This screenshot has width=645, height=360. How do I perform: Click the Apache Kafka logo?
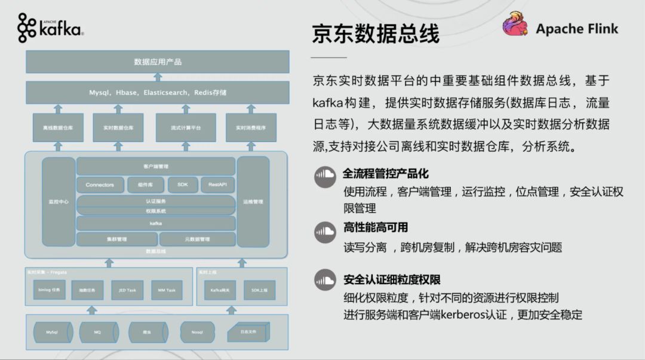pyautogui.click(x=50, y=28)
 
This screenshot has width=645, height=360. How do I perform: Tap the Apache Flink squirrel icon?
pyautogui.click(x=515, y=26)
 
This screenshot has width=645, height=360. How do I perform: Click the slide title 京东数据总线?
pyautogui.click(x=376, y=34)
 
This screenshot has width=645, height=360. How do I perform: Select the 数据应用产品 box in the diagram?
pyautogui.click(x=158, y=61)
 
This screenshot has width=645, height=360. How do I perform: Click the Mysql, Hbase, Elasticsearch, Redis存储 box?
pyautogui.click(x=158, y=93)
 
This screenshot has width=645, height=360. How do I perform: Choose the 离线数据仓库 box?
pyautogui.click(x=59, y=128)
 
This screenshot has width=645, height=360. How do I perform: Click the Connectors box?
pyautogui.click(x=100, y=185)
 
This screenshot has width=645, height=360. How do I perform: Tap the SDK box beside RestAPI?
pyautogui.click(x=183, y=185)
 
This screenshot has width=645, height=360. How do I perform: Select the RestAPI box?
pyautogui.click(x=217, y=185)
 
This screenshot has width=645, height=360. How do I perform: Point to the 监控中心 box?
pyautogui.click(x=59, y=202)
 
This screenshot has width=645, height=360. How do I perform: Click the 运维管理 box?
pyautogui.click(x=254, y=202)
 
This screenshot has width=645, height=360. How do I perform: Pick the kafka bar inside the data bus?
pyautogui.click(x=156, y=223)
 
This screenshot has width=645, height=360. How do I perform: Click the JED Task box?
pyautogui.click(x=124, y=290)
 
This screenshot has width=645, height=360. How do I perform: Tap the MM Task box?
pyautogui.click(x=167, y=290)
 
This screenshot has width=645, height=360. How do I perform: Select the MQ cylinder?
pyautogui.click(x=98, y=332)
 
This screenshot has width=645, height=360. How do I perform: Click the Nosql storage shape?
pyautogui.click(x=198, y=332)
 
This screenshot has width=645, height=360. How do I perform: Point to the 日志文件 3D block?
pyautogui.click(x=247, y=332)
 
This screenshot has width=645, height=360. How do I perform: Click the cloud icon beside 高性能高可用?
pyautogui.click(x=325, y=230)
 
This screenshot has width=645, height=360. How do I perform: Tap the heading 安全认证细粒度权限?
pyautogui.click(x=392, y=280)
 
